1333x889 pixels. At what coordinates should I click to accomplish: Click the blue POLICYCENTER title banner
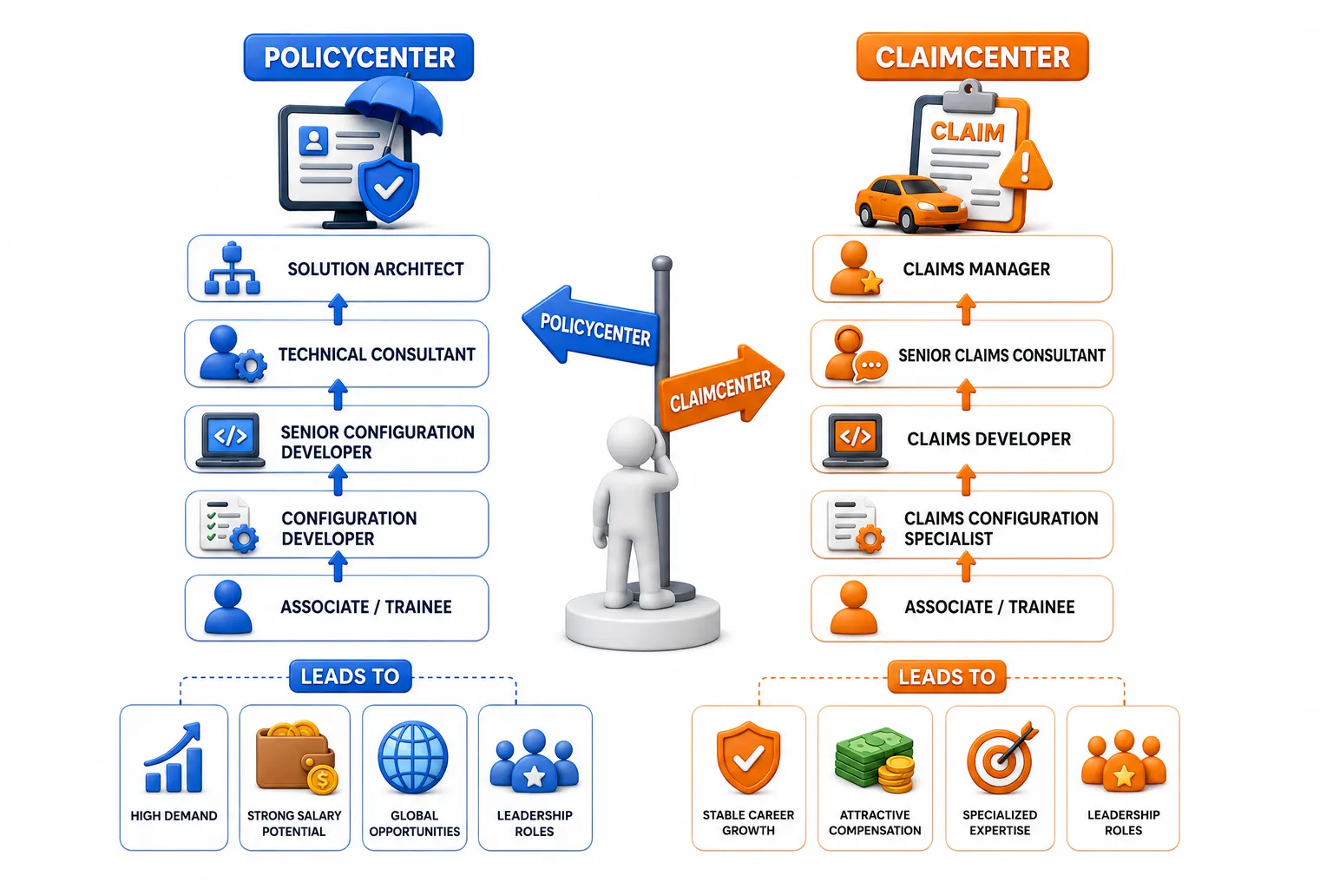click(358, 57)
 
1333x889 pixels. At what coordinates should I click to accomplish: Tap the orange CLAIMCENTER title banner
click(972, 56)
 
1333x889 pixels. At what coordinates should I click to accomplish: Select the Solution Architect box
click(338, 268)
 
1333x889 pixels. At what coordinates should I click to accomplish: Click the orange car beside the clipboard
click(909, 203)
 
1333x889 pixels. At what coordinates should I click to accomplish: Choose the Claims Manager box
click(962, 268)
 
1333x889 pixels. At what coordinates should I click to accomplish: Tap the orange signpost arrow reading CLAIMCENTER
click(721, 387)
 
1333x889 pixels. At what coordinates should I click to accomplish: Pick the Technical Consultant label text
click(377, 354)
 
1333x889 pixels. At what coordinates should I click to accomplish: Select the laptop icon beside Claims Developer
click(855, 440)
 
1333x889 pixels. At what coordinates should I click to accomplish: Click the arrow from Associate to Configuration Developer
click(338, 566)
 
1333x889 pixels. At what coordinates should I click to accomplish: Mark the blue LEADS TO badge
click(350, 675)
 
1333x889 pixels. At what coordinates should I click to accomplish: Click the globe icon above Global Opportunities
click(414, 757)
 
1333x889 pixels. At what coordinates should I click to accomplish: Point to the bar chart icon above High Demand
click(174, 757)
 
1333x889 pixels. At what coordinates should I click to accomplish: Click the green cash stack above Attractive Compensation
click(875, 760)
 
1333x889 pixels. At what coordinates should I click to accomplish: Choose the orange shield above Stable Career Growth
click(748, 757)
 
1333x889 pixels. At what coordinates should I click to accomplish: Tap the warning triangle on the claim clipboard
click(1025, 166)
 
